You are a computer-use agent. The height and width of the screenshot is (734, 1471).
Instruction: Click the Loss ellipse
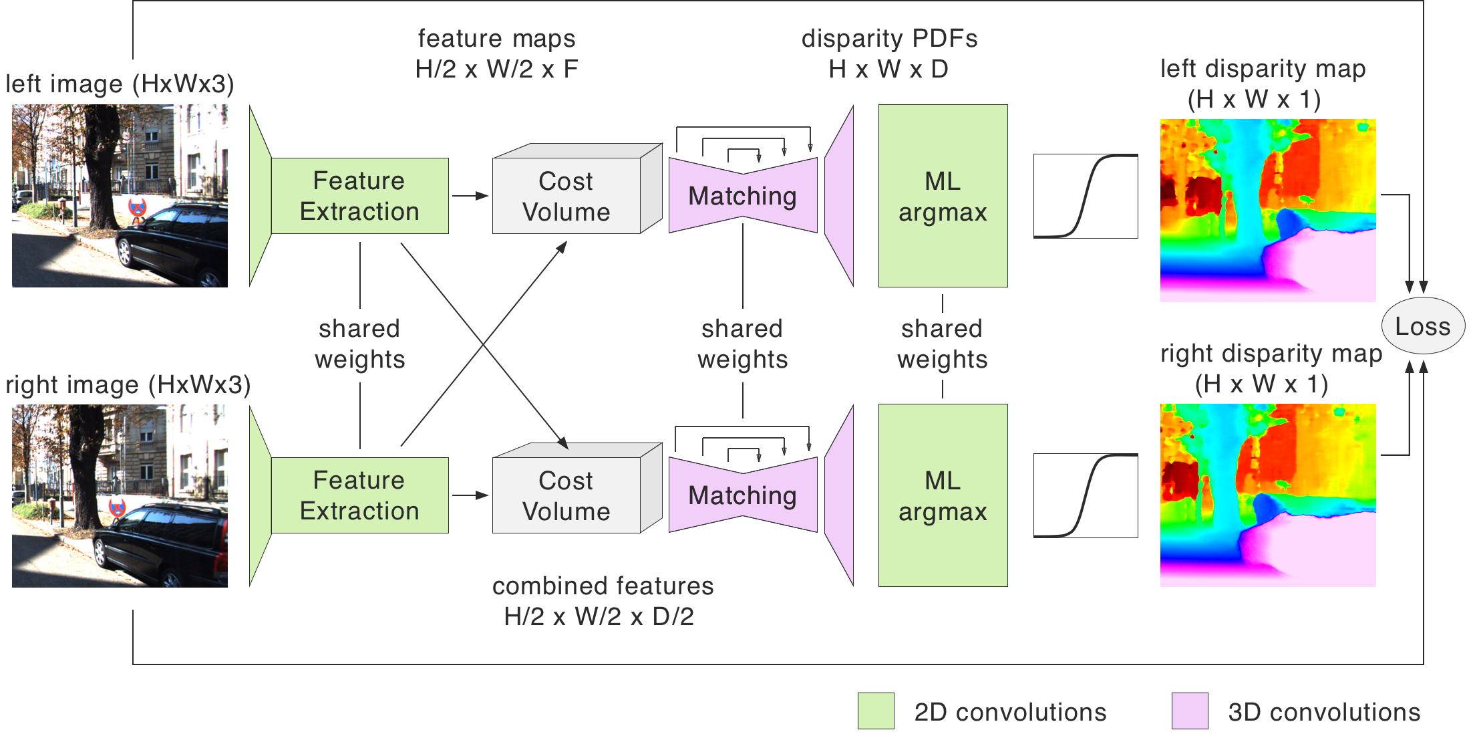pyautogui.click(x=1422, y=326)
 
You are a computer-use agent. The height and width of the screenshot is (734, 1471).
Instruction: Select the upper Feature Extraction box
pyautogui.click(x=359, y=196)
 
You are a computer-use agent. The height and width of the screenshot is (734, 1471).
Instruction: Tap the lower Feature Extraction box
pyautogui.click(x=359, y=495)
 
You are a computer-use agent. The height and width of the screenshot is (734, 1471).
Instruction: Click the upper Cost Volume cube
pyautogui.click(x=566, y=196)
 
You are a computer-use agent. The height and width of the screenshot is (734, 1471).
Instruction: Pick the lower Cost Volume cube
pyautogui.click(x=566, y=495)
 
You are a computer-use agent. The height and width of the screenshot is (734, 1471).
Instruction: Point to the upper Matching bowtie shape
pyautogui.click(x=743, y=196)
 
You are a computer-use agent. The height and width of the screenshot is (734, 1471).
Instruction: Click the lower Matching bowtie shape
pyautogui.click(x=743, y=495)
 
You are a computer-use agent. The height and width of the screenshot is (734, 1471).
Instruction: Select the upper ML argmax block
pyautogui.click(x=943, y=196)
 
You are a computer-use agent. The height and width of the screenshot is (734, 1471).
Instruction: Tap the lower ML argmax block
pyautogui.click(x=943, y=495)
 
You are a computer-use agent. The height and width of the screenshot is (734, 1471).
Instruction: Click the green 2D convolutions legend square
pyautogui.click(x=876, y=711)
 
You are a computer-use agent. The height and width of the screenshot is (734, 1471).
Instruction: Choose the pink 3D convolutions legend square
pyautogui.click(x=1190, y=711)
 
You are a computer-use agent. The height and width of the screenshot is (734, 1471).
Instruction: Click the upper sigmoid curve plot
pyautogui.click(x=1086, y=196)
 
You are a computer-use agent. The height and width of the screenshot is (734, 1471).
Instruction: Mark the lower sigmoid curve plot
pyautogui.click(x=1086, y=495)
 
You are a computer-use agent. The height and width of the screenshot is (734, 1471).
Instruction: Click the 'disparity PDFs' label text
pyautogui.click(x=889, y=39)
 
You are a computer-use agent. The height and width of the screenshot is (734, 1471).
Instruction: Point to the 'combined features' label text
pyautogui.click(x=603, y=586)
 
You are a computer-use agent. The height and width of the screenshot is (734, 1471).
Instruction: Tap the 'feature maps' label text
pyautogui.click(x=496, y=39)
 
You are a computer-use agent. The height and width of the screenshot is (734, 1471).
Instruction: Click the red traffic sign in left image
pyautogui.click(x=138, y=208)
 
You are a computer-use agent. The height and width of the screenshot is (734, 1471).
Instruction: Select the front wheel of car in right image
pyautogui.click(x=101, y=552)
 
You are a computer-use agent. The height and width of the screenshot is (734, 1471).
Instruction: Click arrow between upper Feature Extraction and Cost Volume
pyautogui.click(x=470, y=196)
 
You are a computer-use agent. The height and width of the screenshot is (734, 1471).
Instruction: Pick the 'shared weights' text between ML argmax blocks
pyautogui.click(x=942, y=344)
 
